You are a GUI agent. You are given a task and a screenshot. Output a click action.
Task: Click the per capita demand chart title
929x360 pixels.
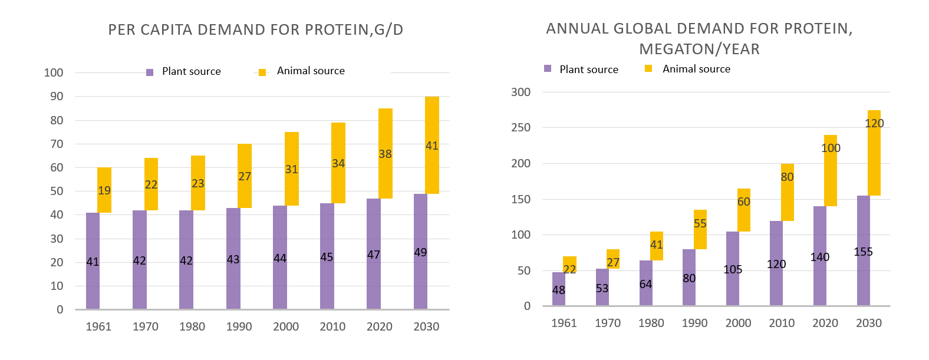pyautogui.click(x=256, y=30)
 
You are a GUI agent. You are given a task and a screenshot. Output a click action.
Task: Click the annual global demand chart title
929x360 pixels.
pyautogui.click(x=699, y=38)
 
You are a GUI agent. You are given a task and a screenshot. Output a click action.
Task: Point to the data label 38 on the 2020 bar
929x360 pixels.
pyautogui.click(x=385, y=154)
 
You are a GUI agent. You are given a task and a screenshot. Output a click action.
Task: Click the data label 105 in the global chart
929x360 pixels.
pyautogui.click(x=733, y=269)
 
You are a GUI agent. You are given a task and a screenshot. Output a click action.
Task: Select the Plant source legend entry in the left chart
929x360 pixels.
pyautogui.click(x=184, y=71)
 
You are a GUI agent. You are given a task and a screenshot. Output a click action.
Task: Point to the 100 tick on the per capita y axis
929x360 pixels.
pyautogui.click(x=54, y=72)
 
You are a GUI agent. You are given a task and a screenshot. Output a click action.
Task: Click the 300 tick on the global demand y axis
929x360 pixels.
pyautogui.click(x=520, y=92)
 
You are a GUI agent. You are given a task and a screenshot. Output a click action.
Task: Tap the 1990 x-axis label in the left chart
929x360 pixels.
pyautogui.click(x=239, y=326)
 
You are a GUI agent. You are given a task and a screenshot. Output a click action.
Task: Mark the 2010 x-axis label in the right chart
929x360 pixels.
pyautogui.click(x=782, y=323)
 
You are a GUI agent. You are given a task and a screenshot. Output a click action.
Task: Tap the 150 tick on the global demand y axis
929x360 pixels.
pyautogui.click(x=520, y=199)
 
